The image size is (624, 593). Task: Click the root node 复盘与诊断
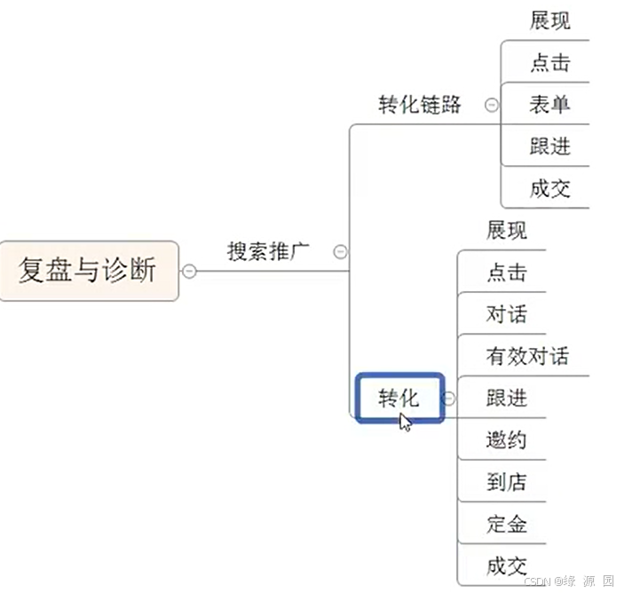tap(88, 271)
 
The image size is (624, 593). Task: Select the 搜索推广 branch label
tap(268, 251)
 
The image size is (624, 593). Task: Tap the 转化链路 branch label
tap(420, 104)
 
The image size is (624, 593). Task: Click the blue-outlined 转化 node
tap(399, 399)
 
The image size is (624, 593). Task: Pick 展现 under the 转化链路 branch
tap(549, 20)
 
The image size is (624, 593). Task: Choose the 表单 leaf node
tap(549, 104)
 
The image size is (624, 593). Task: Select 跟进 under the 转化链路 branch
tap(549, 146)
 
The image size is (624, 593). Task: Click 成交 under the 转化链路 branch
tap(549, 188)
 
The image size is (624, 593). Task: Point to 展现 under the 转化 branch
tap(506, 231)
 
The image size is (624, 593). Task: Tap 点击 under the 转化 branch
tap(506, 273)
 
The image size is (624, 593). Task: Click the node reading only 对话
tap(506, 314)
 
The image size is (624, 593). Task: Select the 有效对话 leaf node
tap(527, 357)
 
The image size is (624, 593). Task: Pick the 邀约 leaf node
tap(506, 440)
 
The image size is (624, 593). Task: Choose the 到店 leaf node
tap(506, 482)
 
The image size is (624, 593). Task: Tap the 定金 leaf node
tap(506, 524)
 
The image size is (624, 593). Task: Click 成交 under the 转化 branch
tap(506, 565)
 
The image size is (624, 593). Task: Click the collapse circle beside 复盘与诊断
tap(189, 271)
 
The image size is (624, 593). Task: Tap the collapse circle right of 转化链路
tap(491, 105)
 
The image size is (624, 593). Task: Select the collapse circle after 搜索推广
tap(339, 252)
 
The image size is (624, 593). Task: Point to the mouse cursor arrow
tap(405, 421)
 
